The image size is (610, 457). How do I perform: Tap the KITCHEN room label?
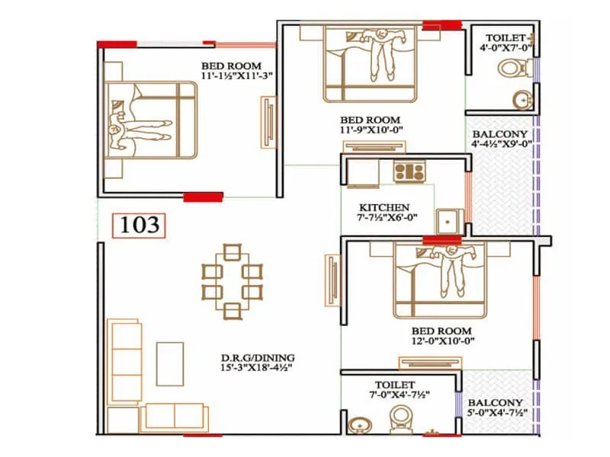(384, 207)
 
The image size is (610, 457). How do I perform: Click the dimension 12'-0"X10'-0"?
(441, 343)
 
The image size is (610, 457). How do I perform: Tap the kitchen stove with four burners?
(408, 171)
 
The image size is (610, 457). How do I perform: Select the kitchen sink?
(448, 219)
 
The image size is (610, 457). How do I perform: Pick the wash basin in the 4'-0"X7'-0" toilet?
(523, 99)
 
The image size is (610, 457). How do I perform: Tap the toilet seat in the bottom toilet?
(400, 420)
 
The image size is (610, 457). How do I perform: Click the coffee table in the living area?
(170, 363)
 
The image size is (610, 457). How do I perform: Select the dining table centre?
(233, 280)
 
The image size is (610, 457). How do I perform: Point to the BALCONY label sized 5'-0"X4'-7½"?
(495, 403)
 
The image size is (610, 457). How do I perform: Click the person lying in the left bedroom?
(137, 129)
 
